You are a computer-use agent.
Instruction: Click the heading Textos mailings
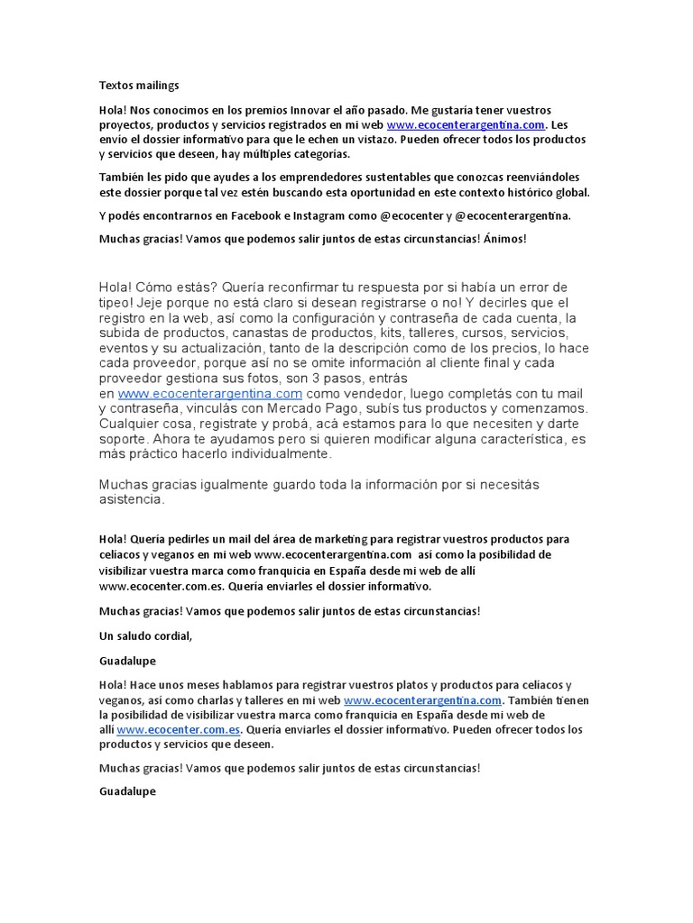click(x=139, y=86)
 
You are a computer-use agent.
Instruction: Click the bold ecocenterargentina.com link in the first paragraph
click(x=467, y=125)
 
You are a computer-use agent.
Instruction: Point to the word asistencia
click(x=131, y=499)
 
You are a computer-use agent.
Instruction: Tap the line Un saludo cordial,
click(x=145, y=635)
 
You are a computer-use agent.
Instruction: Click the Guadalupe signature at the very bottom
click(x=127, y=791)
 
